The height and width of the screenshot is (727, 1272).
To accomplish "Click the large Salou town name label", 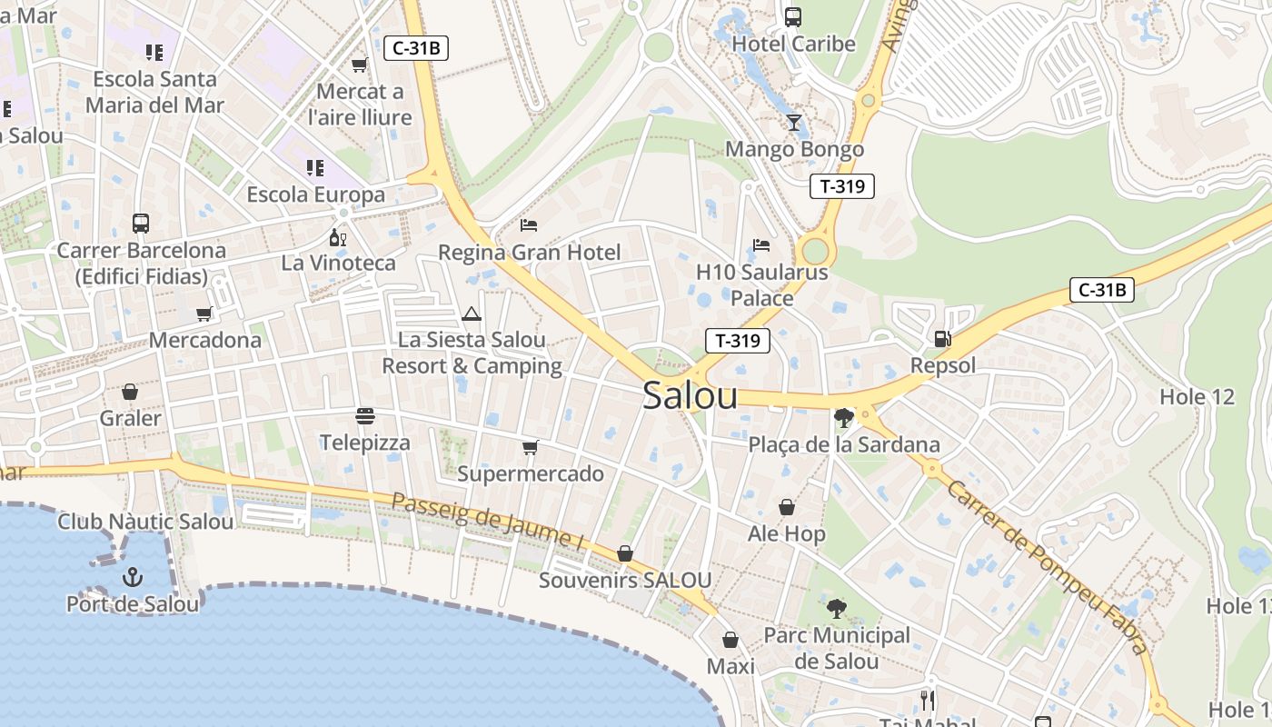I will (x=690, y=396).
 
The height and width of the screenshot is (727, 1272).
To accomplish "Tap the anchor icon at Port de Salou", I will (x=133, y=576).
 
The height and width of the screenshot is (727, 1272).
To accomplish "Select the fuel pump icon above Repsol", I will (x=942, y=339).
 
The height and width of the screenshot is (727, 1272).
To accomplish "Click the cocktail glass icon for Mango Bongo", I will (x=794, y=123).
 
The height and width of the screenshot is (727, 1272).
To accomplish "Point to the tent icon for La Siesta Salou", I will (x=471, y=314).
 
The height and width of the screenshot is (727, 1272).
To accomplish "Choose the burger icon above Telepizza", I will (x=365, y=417).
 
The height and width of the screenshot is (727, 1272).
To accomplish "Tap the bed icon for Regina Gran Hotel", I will (x=529, y=225).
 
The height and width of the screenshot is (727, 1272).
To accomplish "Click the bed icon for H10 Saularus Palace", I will (x=761, y=245).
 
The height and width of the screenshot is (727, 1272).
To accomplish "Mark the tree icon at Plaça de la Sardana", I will (x=843, y=418).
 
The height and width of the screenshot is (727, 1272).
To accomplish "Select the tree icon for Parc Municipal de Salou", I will (x=837, y=608).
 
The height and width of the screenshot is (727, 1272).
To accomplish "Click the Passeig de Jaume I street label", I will (x=488, y=523).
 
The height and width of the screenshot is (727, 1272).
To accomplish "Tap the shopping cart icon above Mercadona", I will (x=204, y=314).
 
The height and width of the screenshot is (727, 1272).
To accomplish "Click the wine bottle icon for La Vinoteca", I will (x=338, y=238).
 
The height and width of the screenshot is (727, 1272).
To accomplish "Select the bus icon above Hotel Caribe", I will (x=793, y=16).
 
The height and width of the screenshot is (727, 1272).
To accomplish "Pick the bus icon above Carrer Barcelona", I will (x=141, y=224).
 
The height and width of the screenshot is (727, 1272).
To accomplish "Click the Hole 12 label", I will (x=1197, y=397).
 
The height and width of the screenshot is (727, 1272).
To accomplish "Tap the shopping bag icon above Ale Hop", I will (x=787, y=507).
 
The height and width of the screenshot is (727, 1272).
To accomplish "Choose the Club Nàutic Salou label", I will (x=145, y=522).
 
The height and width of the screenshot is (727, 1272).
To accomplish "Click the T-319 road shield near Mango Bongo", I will (x=841, y=186).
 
